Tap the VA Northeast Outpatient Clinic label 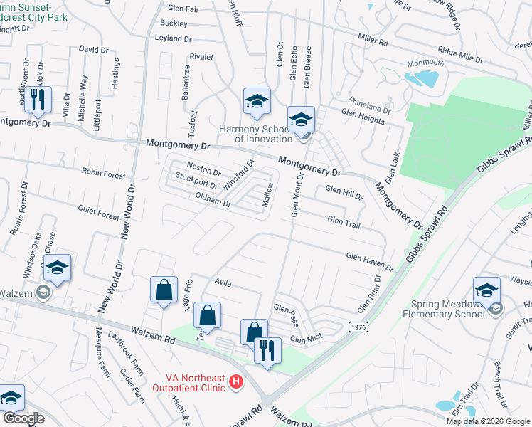[189, 385]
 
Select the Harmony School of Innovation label [254, 133]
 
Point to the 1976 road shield [358, 326]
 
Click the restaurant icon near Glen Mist [268, 350]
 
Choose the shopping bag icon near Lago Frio [164, 290]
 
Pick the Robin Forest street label [103, 174]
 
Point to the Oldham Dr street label [213, 202]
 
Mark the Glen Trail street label [344, 223]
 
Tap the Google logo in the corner [23, 418]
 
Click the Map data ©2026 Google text [487, 421]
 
